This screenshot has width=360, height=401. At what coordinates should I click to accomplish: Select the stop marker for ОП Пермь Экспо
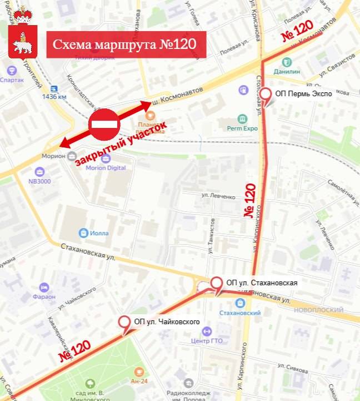(x=267, y=95)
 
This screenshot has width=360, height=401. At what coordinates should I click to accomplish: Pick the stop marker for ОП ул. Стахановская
(x=216, y=284)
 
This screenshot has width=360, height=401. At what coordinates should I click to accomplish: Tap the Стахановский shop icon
(x=240, y=303)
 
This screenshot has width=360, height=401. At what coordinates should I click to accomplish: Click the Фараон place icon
(x=44, y=287)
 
